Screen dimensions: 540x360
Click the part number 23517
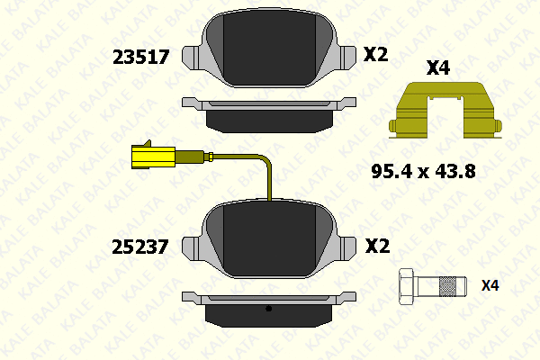pos(141,58)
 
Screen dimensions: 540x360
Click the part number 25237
pos(140,247)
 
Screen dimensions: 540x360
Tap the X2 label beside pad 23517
pos(375,54)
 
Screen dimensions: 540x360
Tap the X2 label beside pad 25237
pos(377,246)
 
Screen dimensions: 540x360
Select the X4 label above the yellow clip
pos(438,67)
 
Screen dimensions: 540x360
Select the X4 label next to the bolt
pos(490,285)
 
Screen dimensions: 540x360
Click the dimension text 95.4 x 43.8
pos(424,171)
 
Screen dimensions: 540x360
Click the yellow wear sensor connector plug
pos(154,157)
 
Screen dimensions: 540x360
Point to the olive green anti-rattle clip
pos(445,110)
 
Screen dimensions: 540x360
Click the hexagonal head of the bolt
pos(408,286)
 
